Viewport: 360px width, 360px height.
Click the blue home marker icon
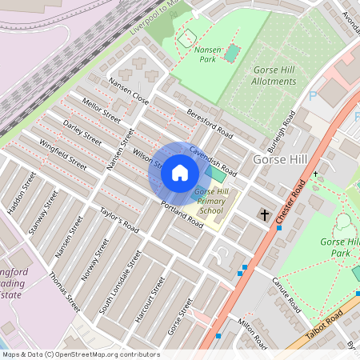click(180, 173)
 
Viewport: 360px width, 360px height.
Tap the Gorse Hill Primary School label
click(210, 202)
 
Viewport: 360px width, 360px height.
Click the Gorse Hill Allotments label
click(273, 75)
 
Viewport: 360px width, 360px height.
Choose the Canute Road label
click(286, 295)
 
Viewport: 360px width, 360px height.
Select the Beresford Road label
click(209, 121)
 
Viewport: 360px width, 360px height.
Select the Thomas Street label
click(64, 292)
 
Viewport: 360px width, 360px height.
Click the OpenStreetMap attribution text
click(80, 354)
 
